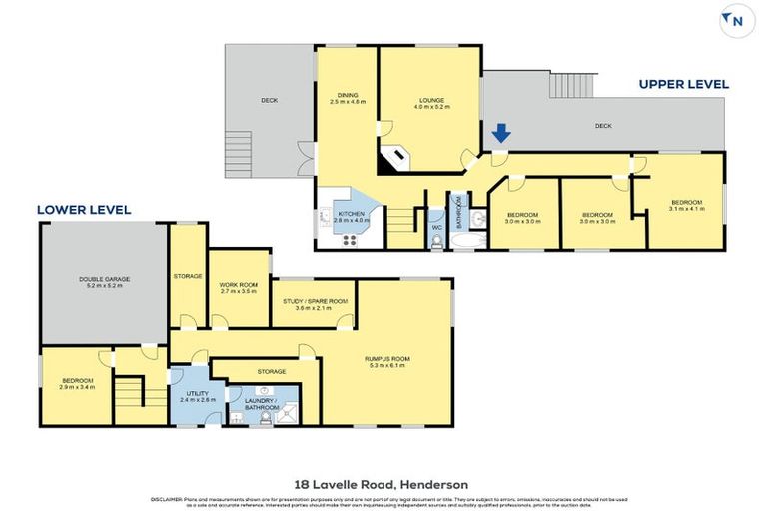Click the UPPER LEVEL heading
click(x=683, y=84)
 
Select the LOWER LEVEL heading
click(x=84, y=210)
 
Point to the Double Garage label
click(x=104, y=282)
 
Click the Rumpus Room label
click(x=389, y=361)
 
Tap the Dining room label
click(x=348, y=98)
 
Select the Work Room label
click(x=237, y=288)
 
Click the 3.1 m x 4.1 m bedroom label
click(x=687, y=205)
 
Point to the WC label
click(x=436, y=228)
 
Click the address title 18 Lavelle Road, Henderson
click(x=383, y=484)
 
